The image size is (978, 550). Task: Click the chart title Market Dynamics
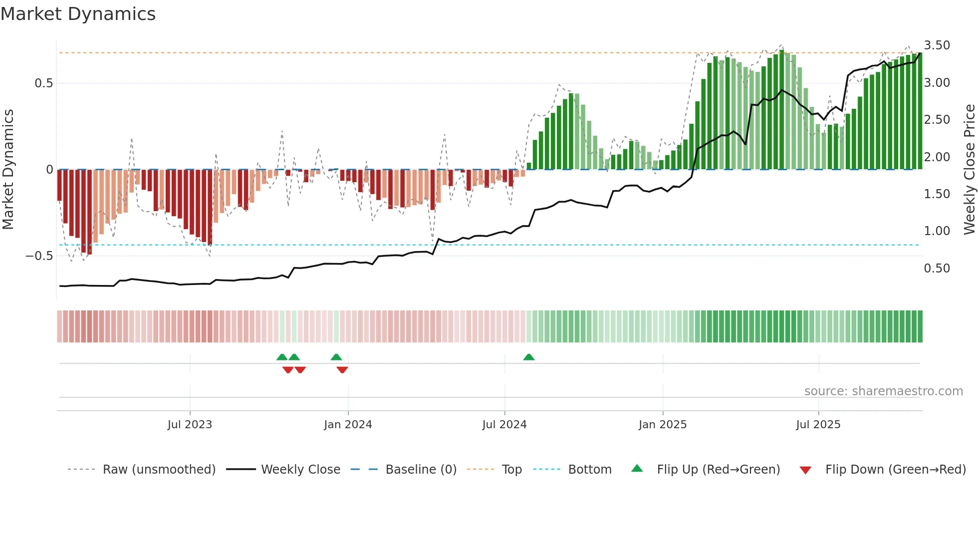[78, 14]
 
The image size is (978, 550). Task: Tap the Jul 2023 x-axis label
[190, 425]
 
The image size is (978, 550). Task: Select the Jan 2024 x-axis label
[348, 425]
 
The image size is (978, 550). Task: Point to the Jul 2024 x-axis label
[504, 425]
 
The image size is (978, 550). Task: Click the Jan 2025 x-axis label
[663, 425]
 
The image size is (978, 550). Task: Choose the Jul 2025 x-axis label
[818, 425]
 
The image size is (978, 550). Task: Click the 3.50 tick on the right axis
[937, 45]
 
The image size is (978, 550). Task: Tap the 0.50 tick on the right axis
[937, 269]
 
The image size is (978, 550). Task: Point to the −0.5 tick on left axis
[39, 256]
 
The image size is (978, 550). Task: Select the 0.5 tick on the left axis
[44, 83]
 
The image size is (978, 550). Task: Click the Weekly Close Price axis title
[970, 169]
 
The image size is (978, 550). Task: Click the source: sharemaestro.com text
[883, 391]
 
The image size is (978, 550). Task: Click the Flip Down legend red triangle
[805, 470]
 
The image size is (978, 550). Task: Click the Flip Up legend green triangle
[637, 469]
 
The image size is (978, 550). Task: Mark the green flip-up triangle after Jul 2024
[529, 357]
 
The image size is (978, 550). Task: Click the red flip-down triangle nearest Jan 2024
[342, 370]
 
